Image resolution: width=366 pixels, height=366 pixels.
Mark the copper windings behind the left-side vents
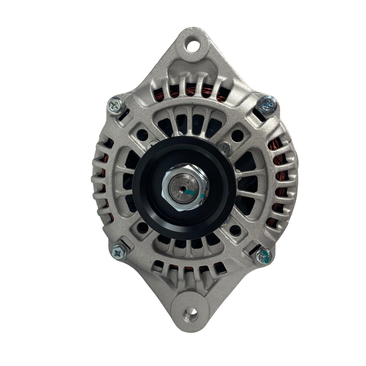102,183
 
